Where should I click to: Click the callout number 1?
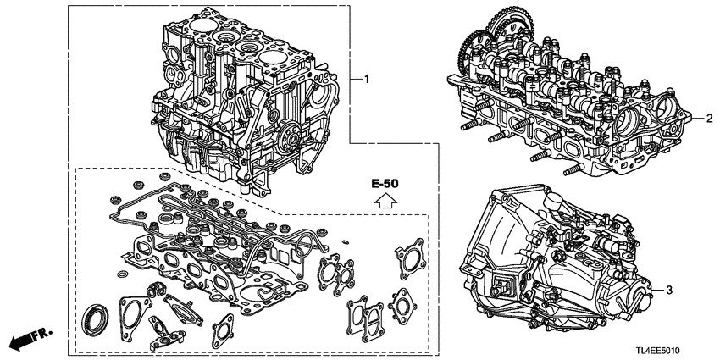pos(367,79)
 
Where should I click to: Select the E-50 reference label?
pos(385,183)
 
